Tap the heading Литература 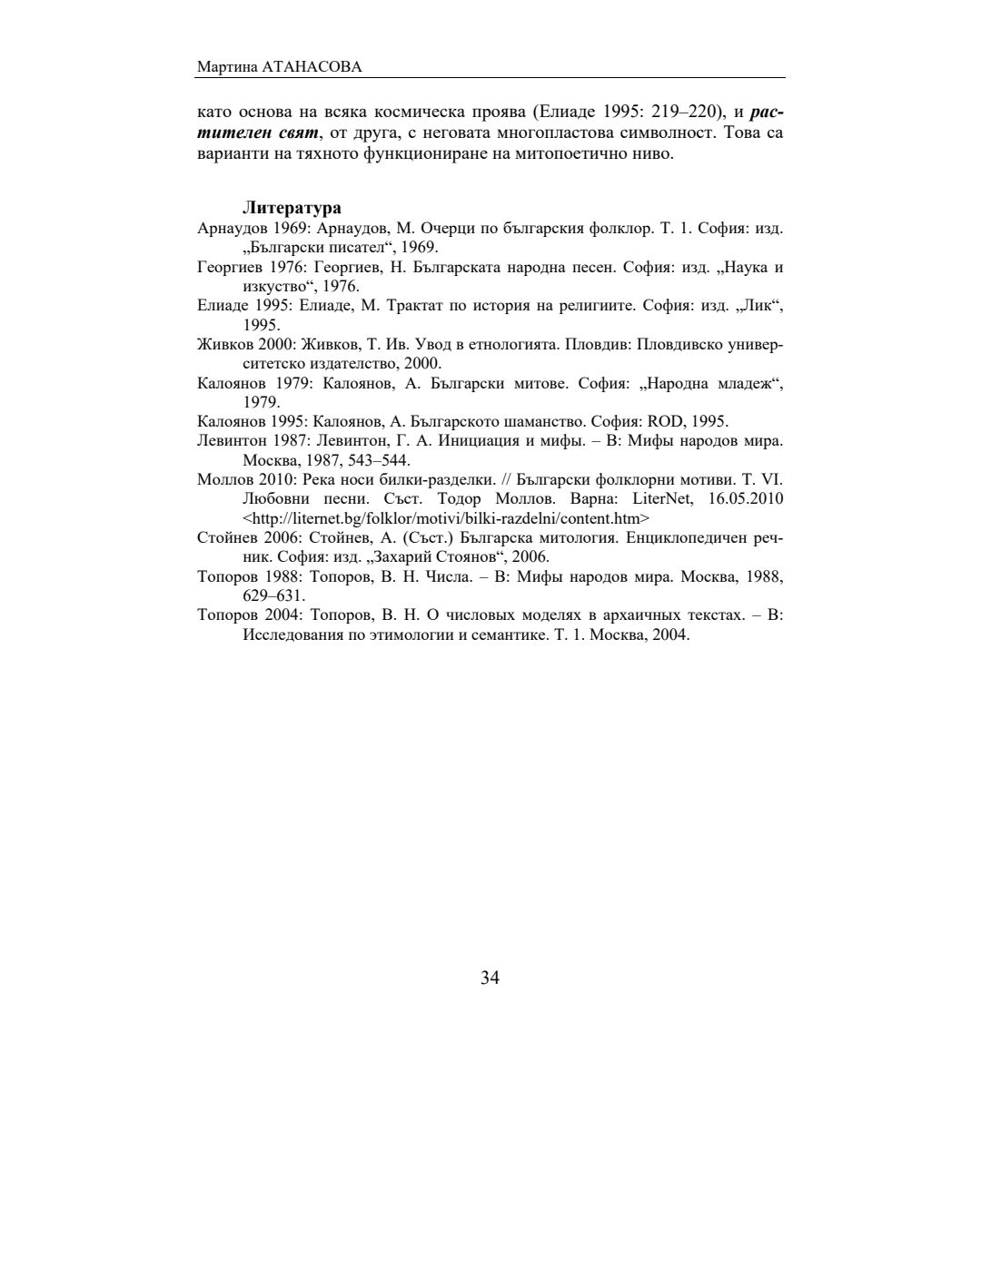pyautogui.click(x=292, y=209)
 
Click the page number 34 pyautogui.click(x=490, y=978)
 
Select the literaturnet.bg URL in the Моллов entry pyautogui.click(x=446, y=518)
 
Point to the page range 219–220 pyautogui.click(x=689, y=113)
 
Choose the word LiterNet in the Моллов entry pyautogui.click(x=661, y=498)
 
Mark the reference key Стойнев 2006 pyautogui.click(x=245, y=537)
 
